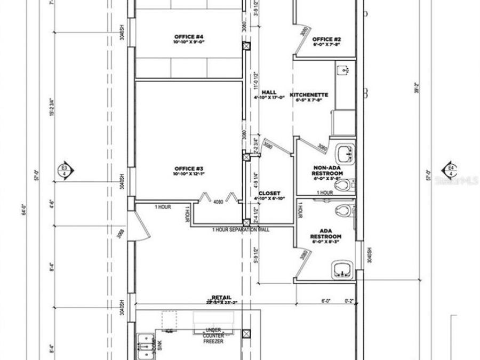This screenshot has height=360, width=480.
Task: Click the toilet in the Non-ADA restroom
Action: tap(345, 185)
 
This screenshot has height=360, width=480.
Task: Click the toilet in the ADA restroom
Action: tap(348, 210)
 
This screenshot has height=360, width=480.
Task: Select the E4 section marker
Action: tap(451, 171)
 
